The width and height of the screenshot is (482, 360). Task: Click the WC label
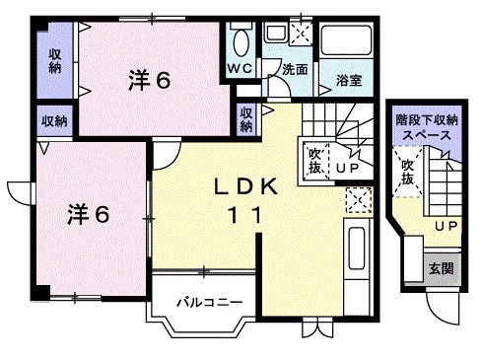coord(240,68)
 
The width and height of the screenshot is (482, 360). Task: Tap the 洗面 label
coord(295,70)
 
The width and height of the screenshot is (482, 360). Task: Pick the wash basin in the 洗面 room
coord(273,32)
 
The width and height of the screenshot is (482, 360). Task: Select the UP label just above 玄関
coord(447,226)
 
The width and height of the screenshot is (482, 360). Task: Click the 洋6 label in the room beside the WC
coord(148,82)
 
